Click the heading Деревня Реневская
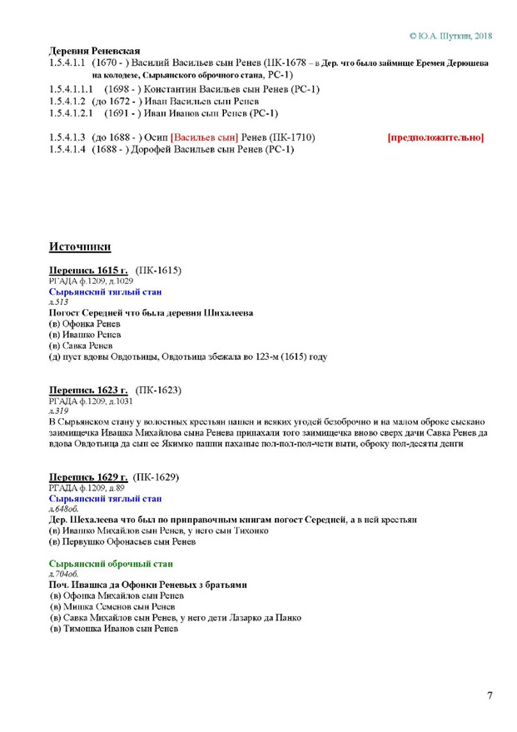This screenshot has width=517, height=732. pos(93,51)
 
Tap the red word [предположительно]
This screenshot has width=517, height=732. pos(435,137)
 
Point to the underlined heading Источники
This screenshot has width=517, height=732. pos(80,246)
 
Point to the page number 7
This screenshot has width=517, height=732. pos(490,695)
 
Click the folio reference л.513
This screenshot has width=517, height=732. pos(59,302)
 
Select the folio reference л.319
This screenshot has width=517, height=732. pos(59,411)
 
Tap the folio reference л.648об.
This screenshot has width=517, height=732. pos(65,509)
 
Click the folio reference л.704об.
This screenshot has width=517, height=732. pos(65,575)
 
